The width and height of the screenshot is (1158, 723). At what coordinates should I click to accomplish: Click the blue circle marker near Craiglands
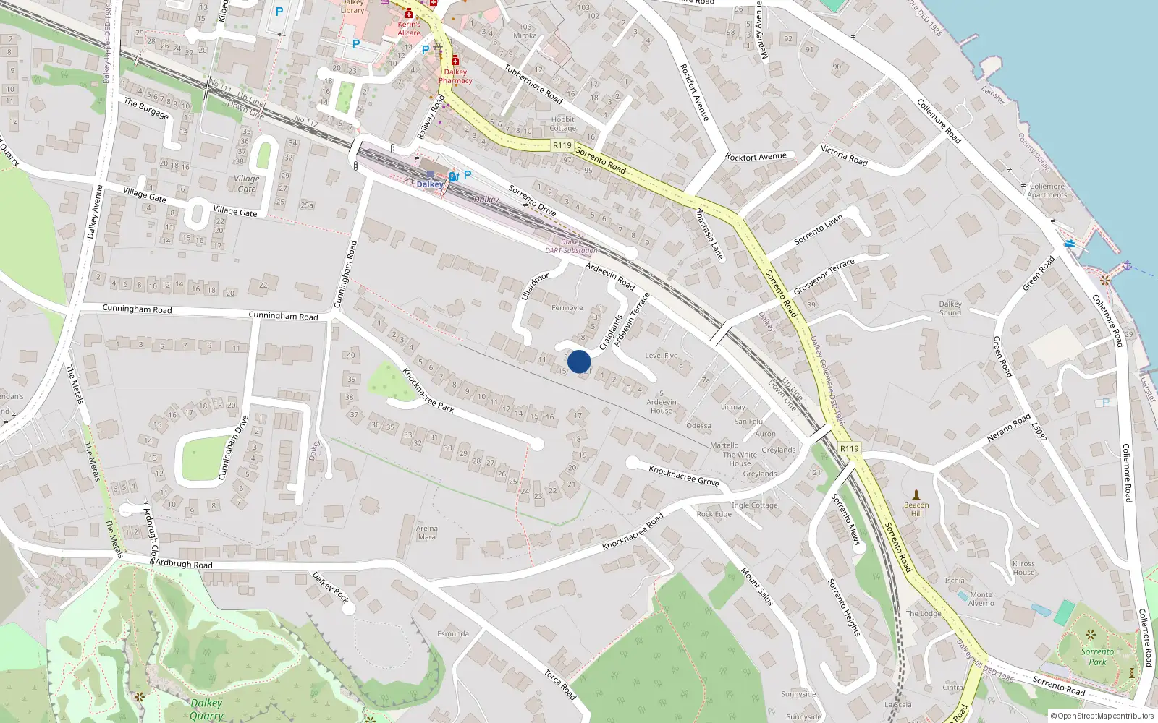(579, 361)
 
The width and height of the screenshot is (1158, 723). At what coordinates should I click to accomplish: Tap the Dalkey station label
(430, 184)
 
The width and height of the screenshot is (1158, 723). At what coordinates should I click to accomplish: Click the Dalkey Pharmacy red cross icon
(455, 61)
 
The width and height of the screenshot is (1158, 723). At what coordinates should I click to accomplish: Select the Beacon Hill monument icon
(916, 495)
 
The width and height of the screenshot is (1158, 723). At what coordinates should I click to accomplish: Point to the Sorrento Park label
(1097, 656)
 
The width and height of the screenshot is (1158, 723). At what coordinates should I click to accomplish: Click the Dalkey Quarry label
(206, 709)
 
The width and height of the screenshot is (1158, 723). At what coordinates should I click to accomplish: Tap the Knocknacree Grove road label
(684, 475)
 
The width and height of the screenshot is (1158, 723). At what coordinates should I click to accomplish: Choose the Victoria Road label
(844, 155)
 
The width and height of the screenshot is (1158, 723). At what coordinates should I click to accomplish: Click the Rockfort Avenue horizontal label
(756, 156)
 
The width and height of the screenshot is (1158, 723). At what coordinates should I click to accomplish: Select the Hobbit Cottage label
(562, 124)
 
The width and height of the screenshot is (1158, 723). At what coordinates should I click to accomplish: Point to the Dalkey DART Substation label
(571, 247)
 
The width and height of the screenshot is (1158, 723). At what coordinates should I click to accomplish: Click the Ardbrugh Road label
(184, 564)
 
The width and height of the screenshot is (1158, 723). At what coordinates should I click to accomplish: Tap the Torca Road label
(559, 685)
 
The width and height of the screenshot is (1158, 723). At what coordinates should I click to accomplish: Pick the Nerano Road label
(1008, 428)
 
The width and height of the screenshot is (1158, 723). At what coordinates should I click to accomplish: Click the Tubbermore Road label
(533, 84)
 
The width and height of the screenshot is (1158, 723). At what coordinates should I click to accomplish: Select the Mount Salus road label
(757, 586)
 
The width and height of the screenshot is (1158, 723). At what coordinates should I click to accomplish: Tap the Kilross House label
(1023, 568)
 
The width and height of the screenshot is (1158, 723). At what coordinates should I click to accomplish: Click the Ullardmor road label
(536, 286)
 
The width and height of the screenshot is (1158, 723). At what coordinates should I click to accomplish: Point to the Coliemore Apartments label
(1047, 190)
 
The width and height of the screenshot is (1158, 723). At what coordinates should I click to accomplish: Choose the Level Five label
(661, 355)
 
